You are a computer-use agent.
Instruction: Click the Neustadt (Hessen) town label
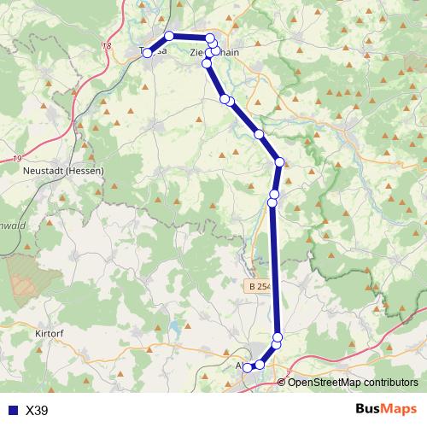pyautogui.click(x=64, y=170)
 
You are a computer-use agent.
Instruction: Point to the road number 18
pyautogui.click(x=107, y=47)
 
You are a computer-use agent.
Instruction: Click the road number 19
pyautogui.click(x=18, y=158)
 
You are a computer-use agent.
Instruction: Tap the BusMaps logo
pyautogui.click(x=386, y=409)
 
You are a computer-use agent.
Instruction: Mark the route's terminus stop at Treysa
pyautogui.click(x=147, y=53)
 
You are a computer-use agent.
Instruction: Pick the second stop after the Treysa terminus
pyautogui.click(x=209, y=38)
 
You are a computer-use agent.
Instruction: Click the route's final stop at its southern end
pyautogui.click(x=248, y=367)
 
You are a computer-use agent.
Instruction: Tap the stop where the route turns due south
pyautogui.click(x=278, y=162)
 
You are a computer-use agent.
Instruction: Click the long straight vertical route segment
pyautogui.click(x=273, y=265)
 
